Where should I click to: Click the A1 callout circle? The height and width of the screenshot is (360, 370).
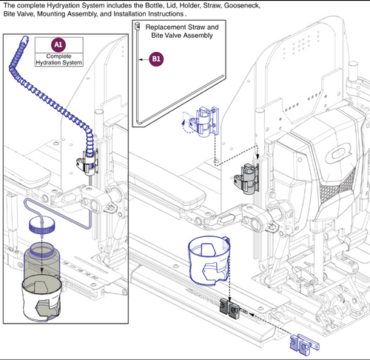click(x=59, y=44)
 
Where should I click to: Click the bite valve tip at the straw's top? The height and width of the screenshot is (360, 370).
click(x=138, y=27)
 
